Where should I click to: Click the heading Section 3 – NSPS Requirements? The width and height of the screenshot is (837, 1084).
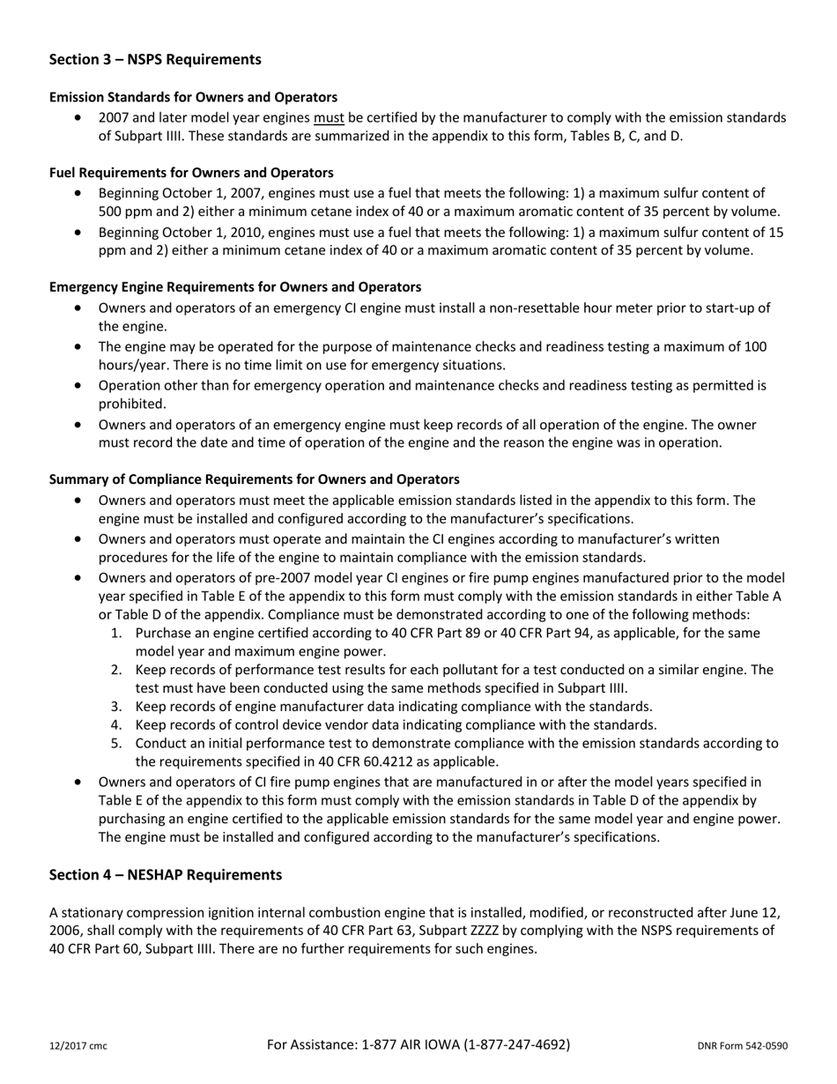[155, 60]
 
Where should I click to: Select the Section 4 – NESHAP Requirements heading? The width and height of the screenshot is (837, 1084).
[166, 874]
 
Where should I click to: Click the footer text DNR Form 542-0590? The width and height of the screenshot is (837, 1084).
[742, 1046]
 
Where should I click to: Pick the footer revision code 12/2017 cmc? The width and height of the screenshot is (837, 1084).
[78, 1046]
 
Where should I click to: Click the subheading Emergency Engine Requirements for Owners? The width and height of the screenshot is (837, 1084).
[235, 287]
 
